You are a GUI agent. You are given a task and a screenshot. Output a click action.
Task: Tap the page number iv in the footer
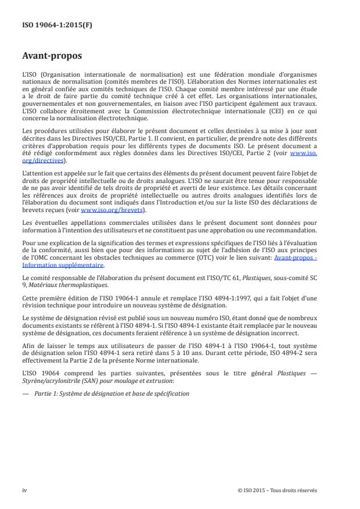[x=24, y=490]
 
